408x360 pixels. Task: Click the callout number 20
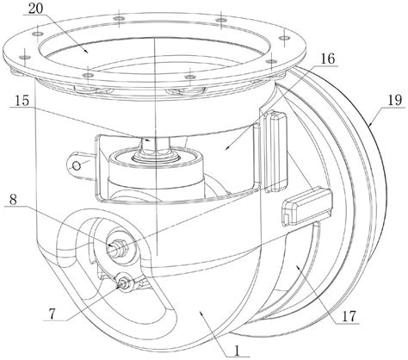tap(36, 9)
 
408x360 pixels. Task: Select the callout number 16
tap(328, 59)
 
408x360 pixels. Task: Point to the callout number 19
tap(395, 101)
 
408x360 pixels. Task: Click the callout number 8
tap(13, 200)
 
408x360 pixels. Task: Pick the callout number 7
tap(52, 314)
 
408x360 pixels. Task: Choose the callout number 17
tap(349, 316)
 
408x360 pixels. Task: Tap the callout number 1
tap(237, 351)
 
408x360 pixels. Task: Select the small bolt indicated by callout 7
tap(124, 282)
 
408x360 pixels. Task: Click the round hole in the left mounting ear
tap(77, 165)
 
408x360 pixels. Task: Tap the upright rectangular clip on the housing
tap(275, 152)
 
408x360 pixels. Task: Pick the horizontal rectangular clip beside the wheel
tap(307, 206)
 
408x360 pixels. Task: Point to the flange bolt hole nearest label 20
tap(38, 34)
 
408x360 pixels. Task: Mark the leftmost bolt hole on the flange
tap(25, 57)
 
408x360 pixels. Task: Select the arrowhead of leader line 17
tap(298, 267)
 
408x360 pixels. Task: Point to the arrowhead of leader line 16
tap(227, 148)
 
